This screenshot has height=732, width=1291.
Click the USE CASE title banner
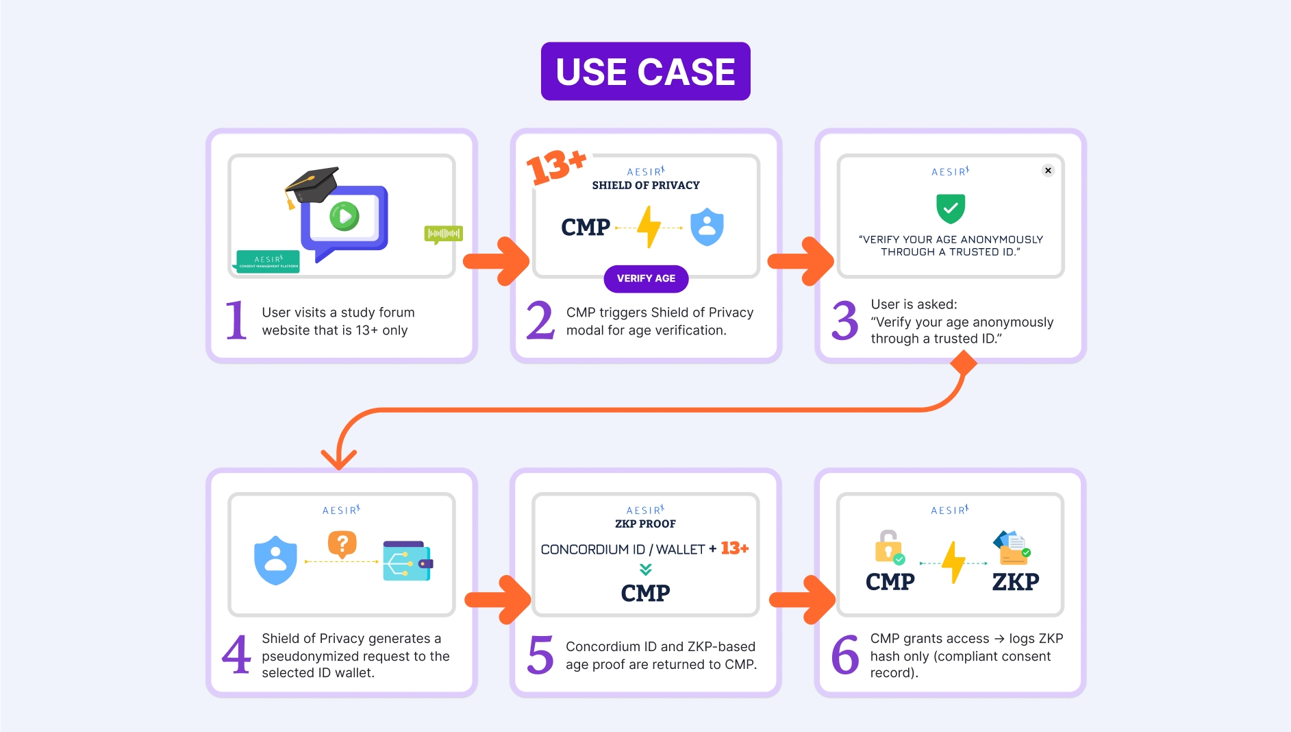pos(645,71)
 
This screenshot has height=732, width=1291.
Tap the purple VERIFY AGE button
pos(646,278)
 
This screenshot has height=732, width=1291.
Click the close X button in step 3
pos(1048,171)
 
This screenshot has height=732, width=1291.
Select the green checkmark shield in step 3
pos(951,208)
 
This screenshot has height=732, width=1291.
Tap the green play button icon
pos(344,217)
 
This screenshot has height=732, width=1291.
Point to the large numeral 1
pos(236,319)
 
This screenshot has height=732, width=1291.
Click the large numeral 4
pos(237,655)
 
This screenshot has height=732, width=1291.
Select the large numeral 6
pos(845,655)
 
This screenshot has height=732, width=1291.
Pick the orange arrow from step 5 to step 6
pos(802,600)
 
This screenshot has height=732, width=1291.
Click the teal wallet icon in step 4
pos(408,561)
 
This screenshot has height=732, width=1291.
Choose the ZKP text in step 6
pos(1016,582)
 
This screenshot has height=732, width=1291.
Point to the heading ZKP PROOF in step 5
pos(645,524)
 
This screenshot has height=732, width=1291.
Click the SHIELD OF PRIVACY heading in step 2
pos(646,185)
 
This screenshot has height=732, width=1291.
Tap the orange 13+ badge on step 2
pos(555,167)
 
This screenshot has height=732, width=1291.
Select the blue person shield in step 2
pos(707,227)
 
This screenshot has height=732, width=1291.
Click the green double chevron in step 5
pos(645,569)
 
